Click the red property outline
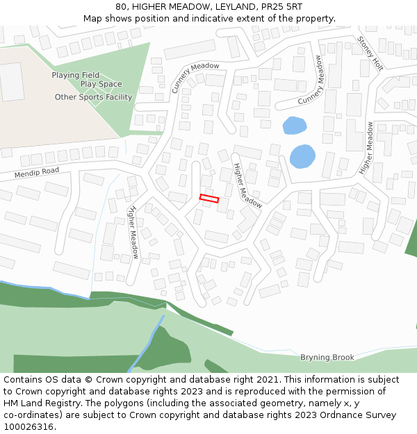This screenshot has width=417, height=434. coord(209,199)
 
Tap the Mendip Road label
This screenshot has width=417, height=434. coord(36,173)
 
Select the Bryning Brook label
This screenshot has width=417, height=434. coord(327,358)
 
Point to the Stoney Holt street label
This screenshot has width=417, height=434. coord(370,53)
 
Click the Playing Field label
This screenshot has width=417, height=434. coord(75,75)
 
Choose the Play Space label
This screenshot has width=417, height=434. coord(101,85)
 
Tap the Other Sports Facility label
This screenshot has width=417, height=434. coord(93,97)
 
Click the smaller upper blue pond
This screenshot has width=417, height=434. coord(294,126)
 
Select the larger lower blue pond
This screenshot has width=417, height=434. coord(302,156)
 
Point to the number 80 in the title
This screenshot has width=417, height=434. coord(121,6)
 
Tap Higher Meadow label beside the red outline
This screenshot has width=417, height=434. coord(247,186)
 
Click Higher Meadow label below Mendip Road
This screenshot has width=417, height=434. coord(133,232)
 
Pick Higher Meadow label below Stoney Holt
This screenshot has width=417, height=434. coord(366,148)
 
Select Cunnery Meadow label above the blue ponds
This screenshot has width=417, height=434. coord(311,81)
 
